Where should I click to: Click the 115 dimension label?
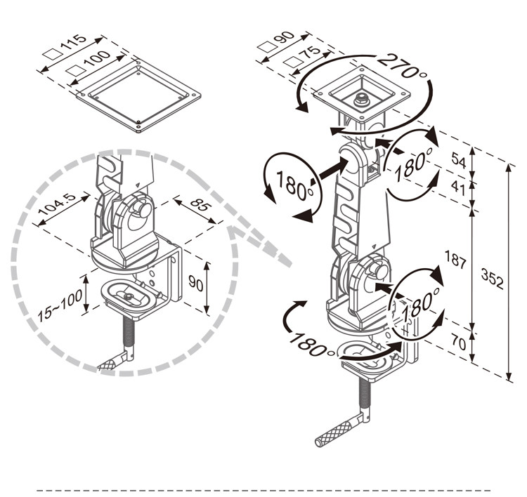click(74, 42)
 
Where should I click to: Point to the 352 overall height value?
click(493, 279)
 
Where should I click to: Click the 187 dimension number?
click(455, 260)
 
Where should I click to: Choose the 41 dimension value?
click(457, 187)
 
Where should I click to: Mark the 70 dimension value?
click(459, 343)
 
